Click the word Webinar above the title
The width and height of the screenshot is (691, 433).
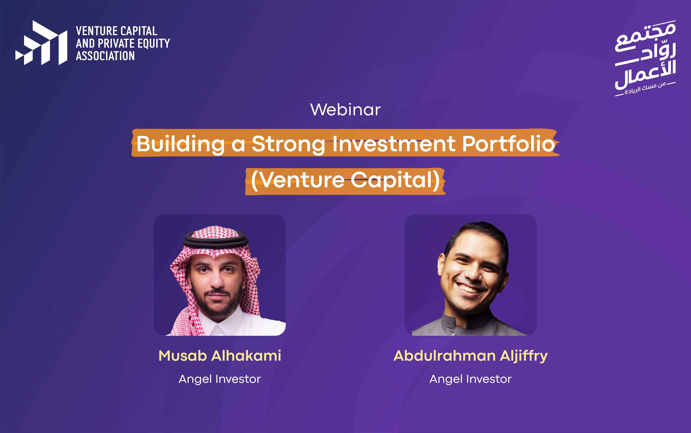(x=346, y=110)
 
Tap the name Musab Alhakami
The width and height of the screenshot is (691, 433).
(x=220, y=356)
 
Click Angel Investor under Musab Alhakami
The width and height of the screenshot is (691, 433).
(x=220, y=379)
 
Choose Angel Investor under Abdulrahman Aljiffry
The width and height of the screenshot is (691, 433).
(x=471, y=379)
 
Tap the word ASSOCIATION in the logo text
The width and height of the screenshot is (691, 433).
(x=105, y=56)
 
